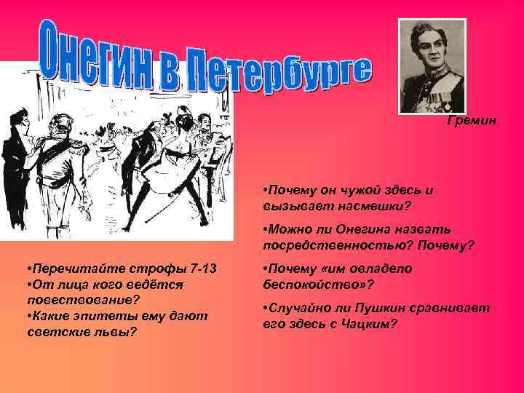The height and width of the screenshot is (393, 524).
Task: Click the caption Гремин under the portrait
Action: (x=472, y=121)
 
